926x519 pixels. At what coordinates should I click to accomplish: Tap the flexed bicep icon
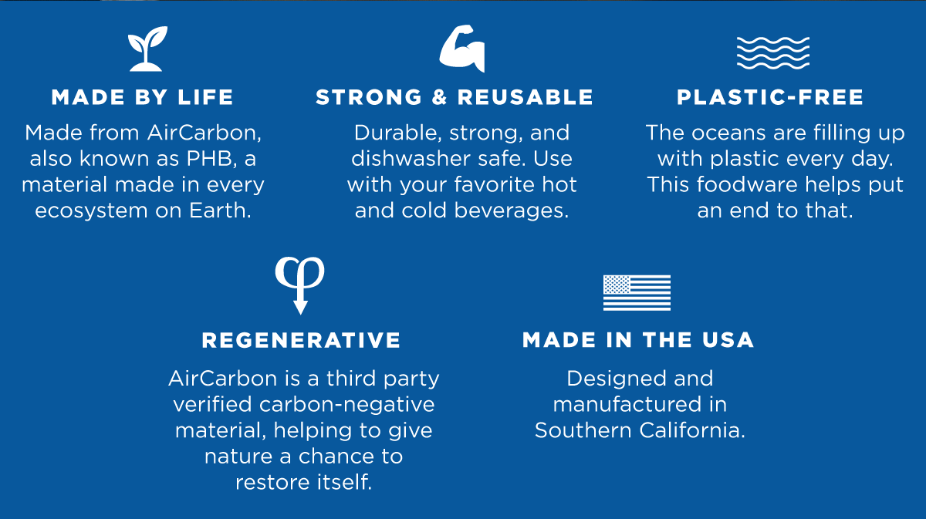[462, 49]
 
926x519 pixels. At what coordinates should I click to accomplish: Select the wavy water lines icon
[773, 53]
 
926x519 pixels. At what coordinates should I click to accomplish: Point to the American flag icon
[637, 292]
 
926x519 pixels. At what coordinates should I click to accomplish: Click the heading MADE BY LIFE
[143, 97]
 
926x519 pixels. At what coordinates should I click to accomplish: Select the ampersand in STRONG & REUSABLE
[439, 97]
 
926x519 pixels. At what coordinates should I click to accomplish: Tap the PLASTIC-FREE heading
[770, 97]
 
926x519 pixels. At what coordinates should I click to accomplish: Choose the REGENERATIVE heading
[301, 340]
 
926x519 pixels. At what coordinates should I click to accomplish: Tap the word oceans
[728, 133]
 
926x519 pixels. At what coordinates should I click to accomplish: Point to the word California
[692, 430]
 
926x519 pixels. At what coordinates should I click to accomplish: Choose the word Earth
[221, 211]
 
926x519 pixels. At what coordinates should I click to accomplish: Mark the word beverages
[512, 211]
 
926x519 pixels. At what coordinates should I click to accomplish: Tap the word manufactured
[627, 404]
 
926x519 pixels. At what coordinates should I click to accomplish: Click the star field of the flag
[617, 285]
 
